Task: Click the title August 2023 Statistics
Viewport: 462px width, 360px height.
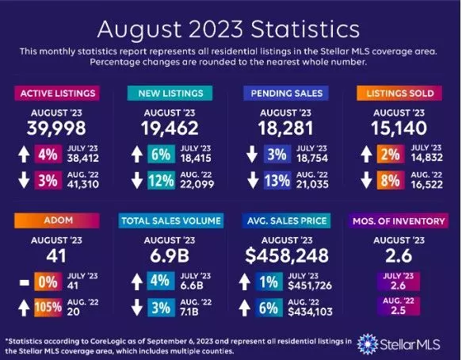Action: [x=231, y=29]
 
